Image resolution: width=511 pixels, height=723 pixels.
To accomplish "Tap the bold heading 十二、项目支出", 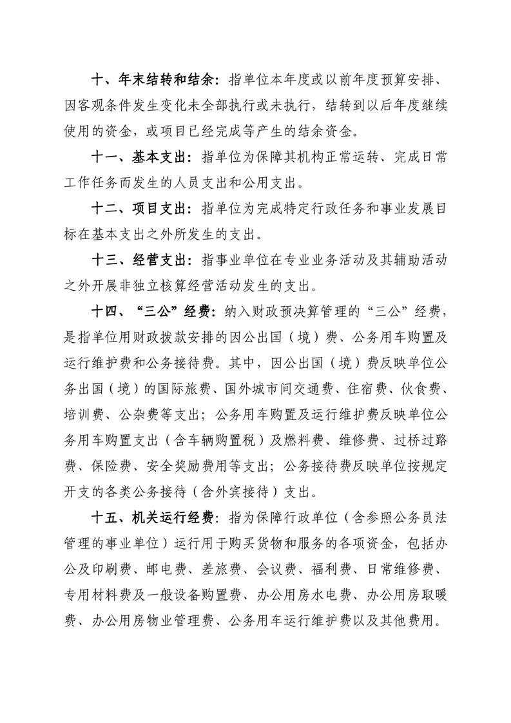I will click(x=138, y=209).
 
